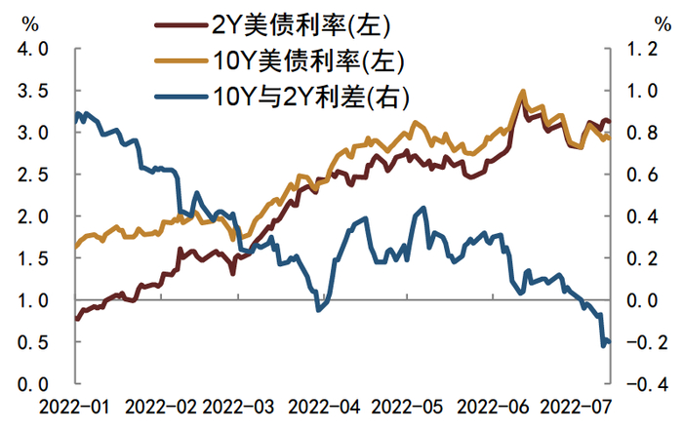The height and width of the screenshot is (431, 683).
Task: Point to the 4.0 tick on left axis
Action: pyautogui.click(x=33, y=49)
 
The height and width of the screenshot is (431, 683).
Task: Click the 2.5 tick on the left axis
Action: pyautogui.click(x=33, y=175)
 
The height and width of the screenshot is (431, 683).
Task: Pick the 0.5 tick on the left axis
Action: pyautogui.click(x=33, y=342)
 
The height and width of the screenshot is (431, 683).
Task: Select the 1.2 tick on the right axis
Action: pyautogui.click(x=643, y=49)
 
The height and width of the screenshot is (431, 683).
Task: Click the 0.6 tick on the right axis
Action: pyautogui.click(x=643, y=175)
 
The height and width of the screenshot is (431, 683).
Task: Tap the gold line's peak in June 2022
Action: pyautogui.click(x=523, y=92)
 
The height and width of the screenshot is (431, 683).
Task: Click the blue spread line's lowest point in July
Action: pyautogui.click(x=602, y=344)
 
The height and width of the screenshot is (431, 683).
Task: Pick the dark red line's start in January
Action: pyautogui.click(x=76, y=318)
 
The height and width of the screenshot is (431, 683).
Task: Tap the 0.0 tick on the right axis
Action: pyautogui.click(x=643, y=300)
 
